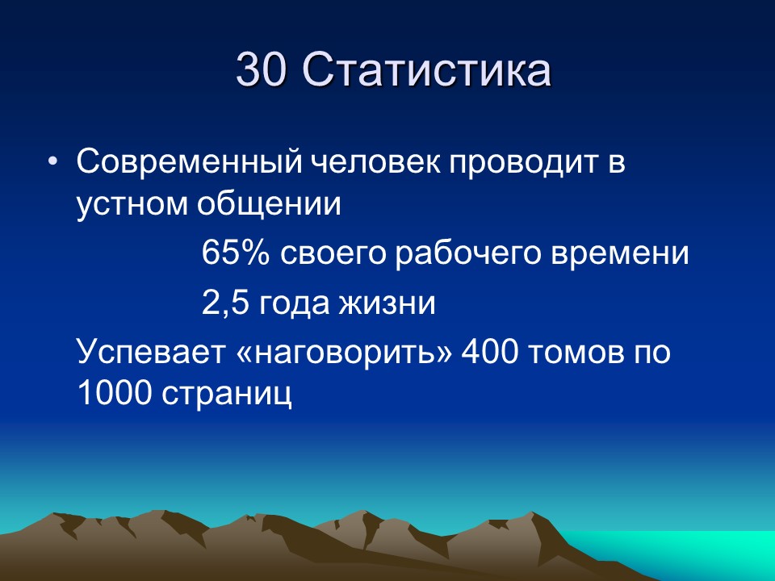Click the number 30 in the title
[262, 71]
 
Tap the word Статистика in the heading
[427, 71]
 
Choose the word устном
[132, 205]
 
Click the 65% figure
[236, 255]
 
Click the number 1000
[114, 393]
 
